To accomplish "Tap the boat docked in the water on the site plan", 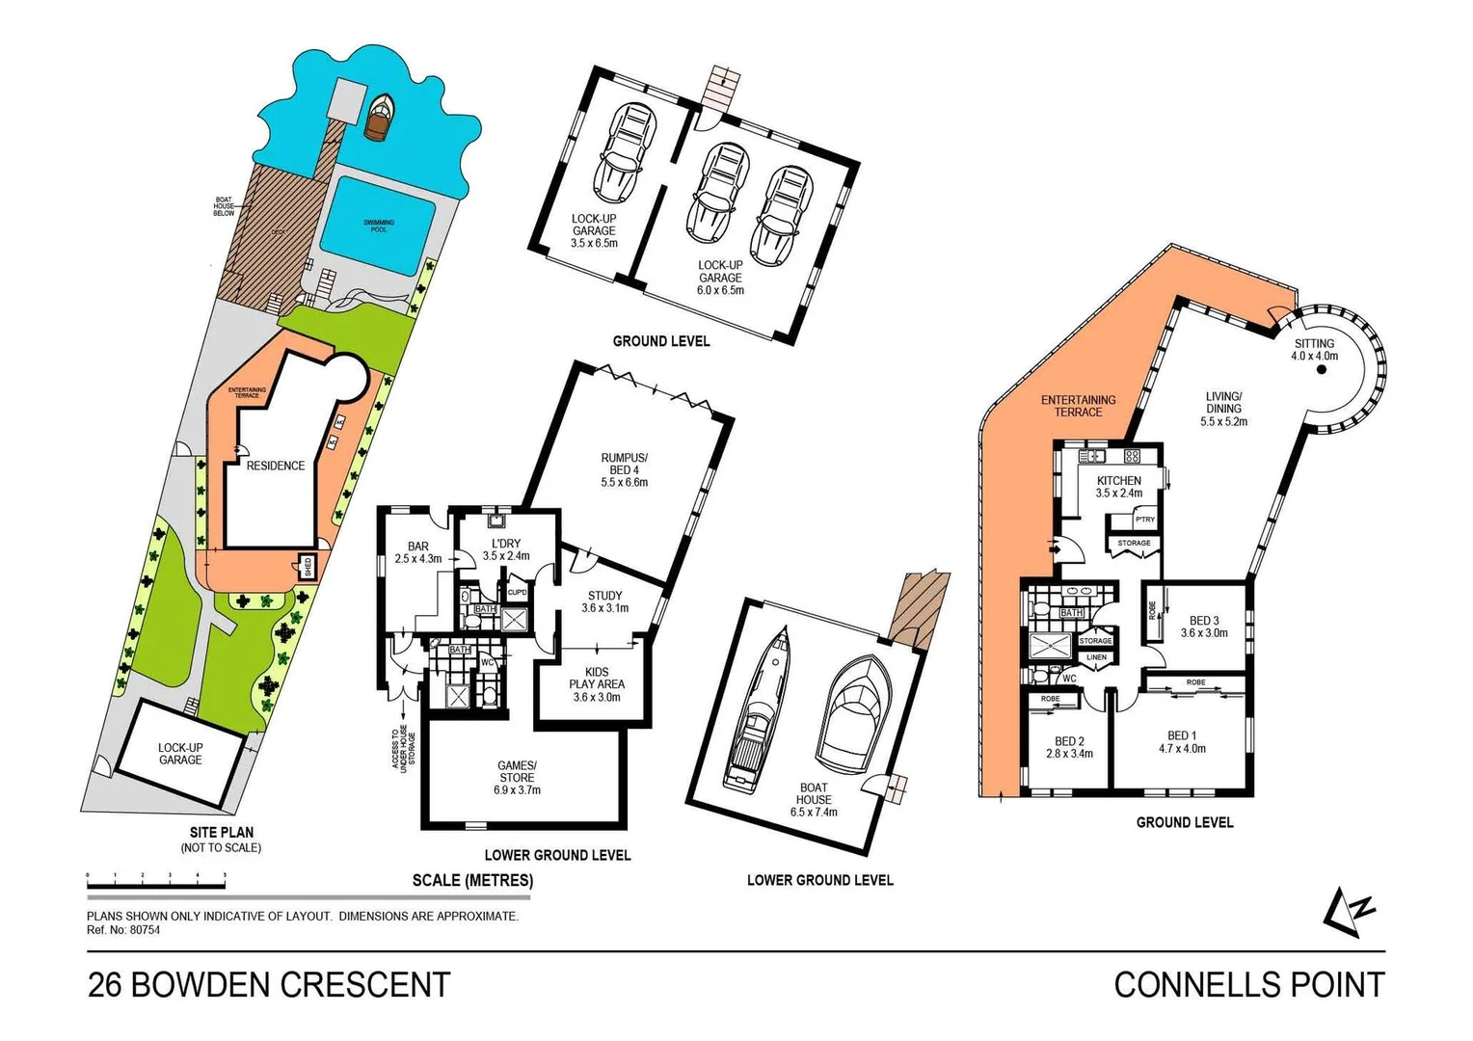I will pyautogui.click(x=379, y=117).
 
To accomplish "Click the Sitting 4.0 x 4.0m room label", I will pyautogui.click(x=1314, y=349).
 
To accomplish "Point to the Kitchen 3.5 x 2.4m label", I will pyautogui.click(x=1118, y=487).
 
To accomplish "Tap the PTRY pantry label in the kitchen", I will pyautogui.click(x=1144, y=520).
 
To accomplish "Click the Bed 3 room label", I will pyautogui.click(x=1203, y=627).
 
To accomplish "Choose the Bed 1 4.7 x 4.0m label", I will pyautogui.click(x=1181, y=741).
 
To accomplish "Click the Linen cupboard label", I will pyautogui.click(x=1096, y=657).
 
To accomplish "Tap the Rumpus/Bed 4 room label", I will pyautogui.click(x=624, y=469).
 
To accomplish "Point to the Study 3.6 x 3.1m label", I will pyautogui.click(x=604, y=601).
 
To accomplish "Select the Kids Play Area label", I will pyautogui.click(x=596, y=684).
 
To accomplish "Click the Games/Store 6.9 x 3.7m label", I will pyautogui.click(x=517, y=777).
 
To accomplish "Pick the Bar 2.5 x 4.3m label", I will pyautogui.click(x=417, y=551).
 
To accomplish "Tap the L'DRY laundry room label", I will pyautogui.click(x=505, y=549).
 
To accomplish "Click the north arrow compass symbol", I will pyautogui.click(x=1348, y=911).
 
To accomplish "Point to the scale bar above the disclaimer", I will pyautogui.click(x=156, y=878).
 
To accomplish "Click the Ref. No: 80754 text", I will pyautogui.click(x=123, y=930).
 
